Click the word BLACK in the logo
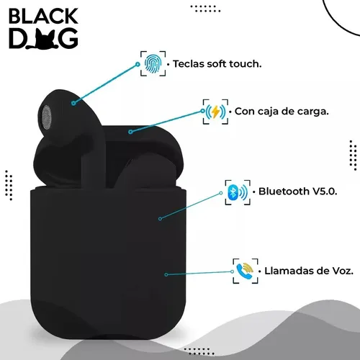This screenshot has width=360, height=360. click(43, 16)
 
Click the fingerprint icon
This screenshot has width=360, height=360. click(153, 63)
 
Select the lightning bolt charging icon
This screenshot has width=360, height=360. click(215, 112)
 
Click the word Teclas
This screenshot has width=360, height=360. click(189, 64)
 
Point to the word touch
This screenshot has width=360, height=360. click(246, 64)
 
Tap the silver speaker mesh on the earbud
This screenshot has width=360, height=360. click(47, 117)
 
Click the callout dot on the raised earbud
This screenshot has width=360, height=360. click(73, 103)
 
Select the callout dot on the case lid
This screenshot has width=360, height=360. click(130, 132)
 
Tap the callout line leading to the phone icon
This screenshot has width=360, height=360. click(199, 273)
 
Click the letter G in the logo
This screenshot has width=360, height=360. click(68, 39)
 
